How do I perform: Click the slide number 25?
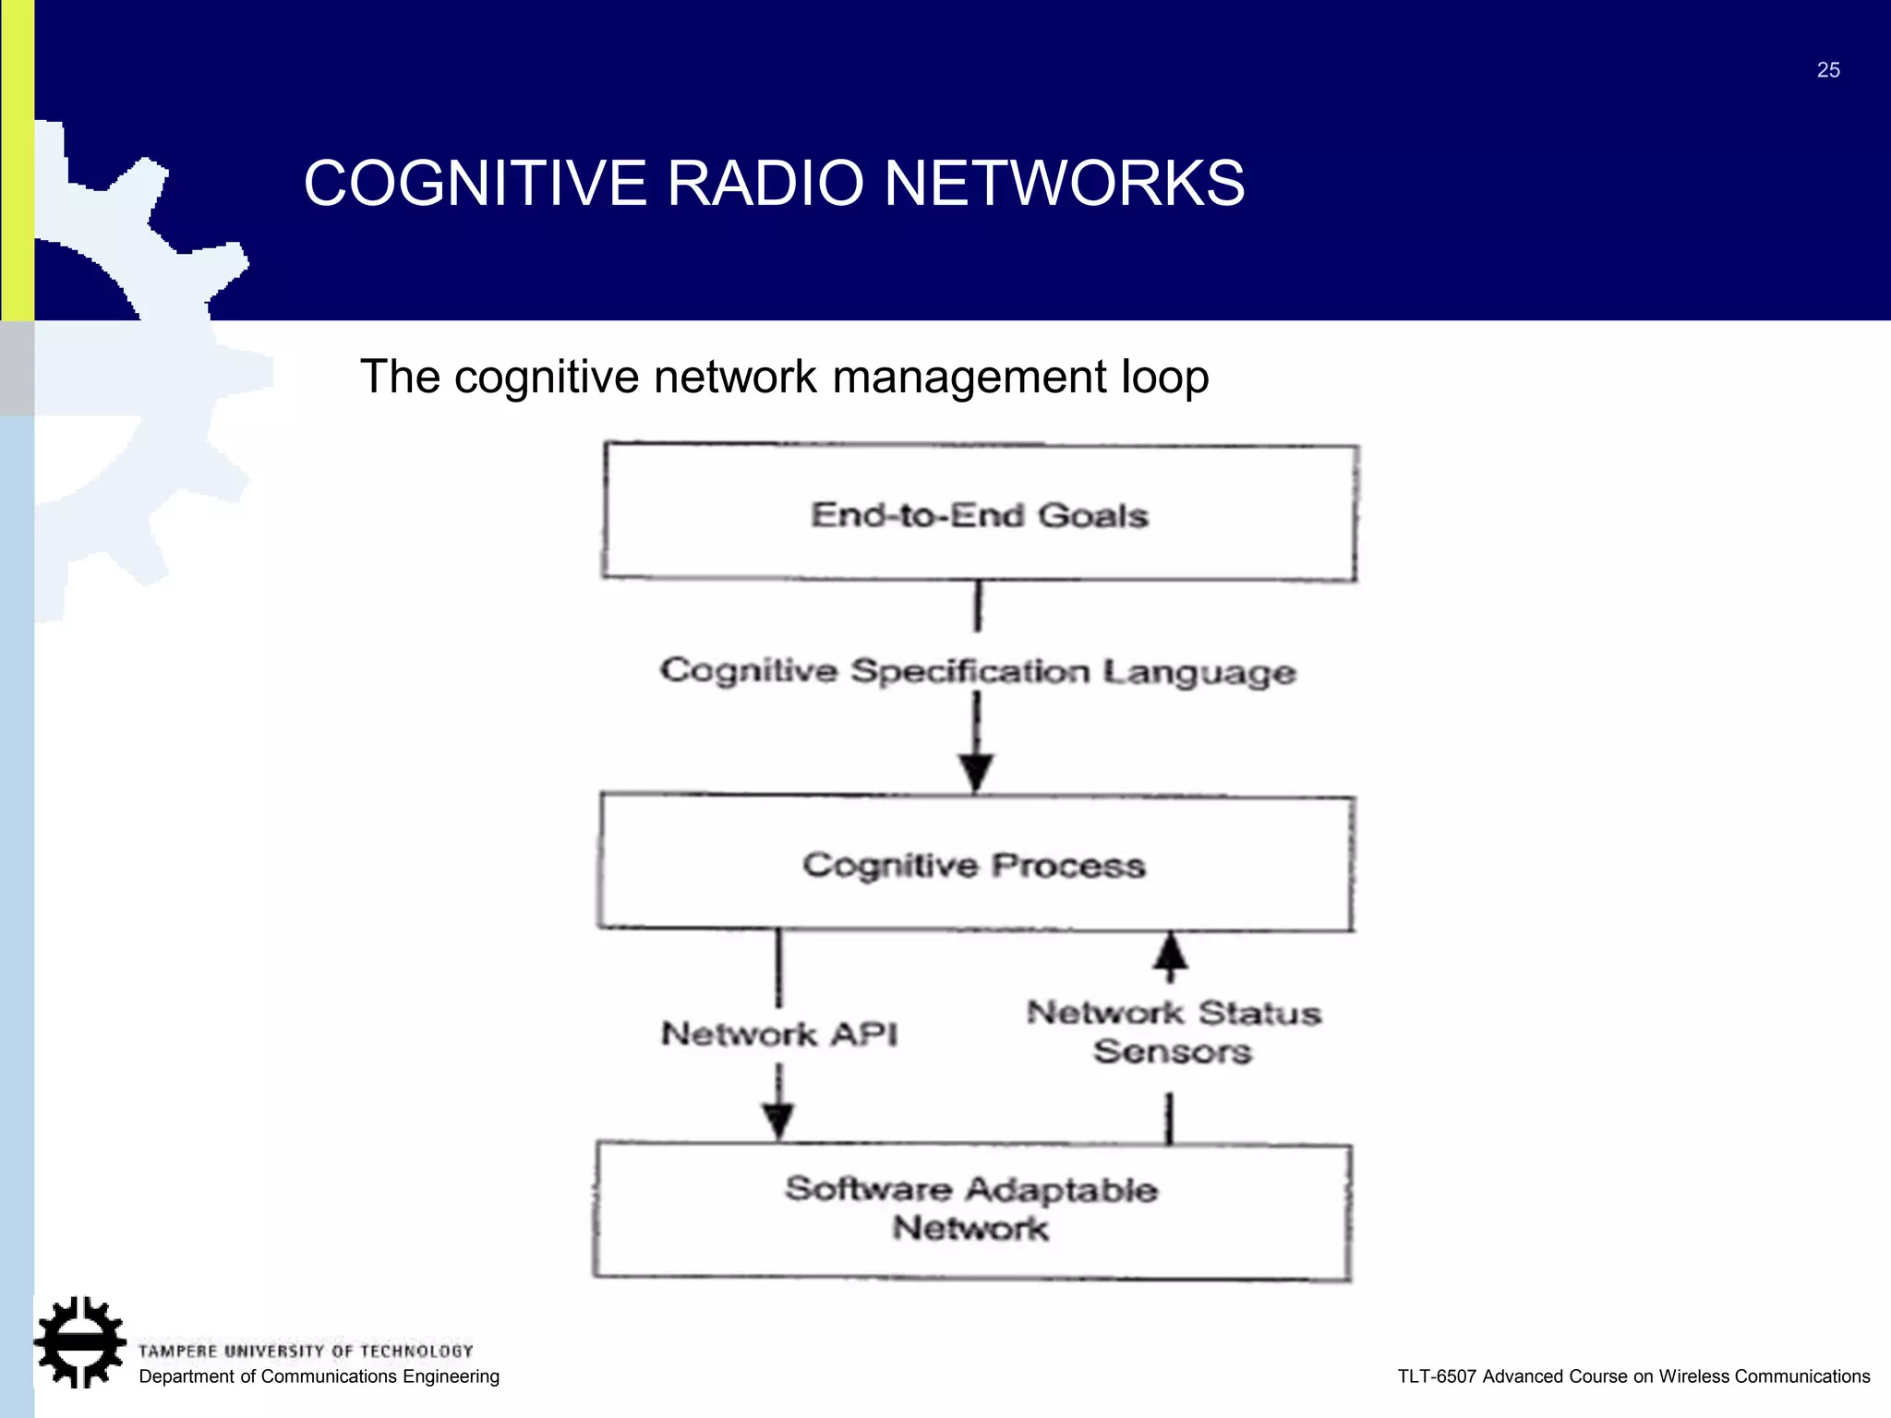(x=1828, y=70)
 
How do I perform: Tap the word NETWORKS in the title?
(x=1065, y=183)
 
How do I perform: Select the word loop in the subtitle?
(x=1164, y=377)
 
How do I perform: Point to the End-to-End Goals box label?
(x=980, y=515)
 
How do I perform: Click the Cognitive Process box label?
(x=974, y=866)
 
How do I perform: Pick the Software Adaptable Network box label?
(x=971, y=1208)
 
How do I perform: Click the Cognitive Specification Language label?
(x=978, y=671)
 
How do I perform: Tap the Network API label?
(x=779, y=1034)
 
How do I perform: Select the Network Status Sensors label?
(x=1174, y=1032)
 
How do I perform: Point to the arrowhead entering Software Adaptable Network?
(x=778, y=1121)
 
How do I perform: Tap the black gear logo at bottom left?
(x=80, y=1342)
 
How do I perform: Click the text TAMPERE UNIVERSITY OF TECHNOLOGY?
(x=306, y=1352)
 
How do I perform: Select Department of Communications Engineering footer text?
(x=319, y=1376)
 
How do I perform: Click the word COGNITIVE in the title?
(x=476, y=183)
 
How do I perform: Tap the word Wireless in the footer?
(x=1694, y=1376)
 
